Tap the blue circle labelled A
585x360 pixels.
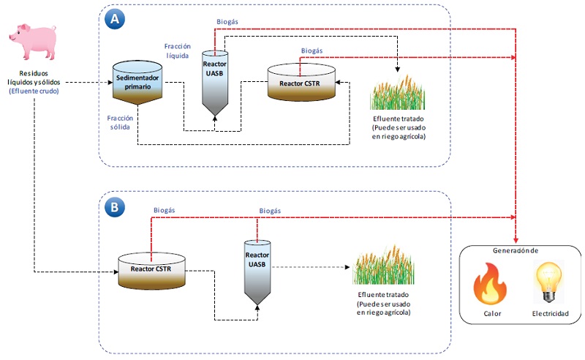tap(114, 20)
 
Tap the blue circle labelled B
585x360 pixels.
tap(114, 208)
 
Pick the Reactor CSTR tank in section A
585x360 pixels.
tap(301, 82)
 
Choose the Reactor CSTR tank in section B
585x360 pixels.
tap(151, 269)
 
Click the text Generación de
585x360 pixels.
tap(515, 250)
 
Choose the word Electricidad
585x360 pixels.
tap(549, 314)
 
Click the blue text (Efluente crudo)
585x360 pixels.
tap(34, 91)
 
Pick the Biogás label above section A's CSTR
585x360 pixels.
tap(312, 50)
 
